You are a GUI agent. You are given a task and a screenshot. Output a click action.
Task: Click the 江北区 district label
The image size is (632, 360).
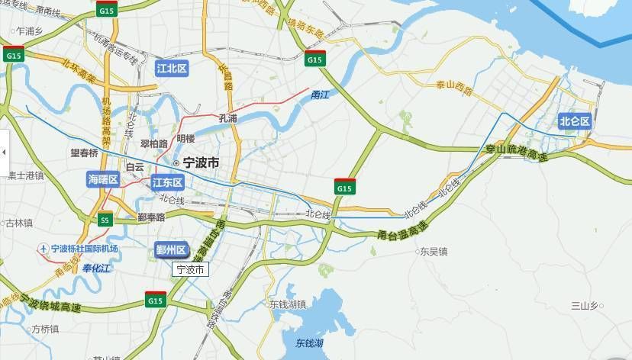click(172, 68)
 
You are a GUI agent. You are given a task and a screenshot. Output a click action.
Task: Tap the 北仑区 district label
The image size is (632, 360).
click(574, 121)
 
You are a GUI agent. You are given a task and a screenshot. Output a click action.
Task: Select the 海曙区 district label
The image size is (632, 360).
click(103, 179)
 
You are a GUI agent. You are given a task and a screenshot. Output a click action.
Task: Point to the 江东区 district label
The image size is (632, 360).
click(167, 182)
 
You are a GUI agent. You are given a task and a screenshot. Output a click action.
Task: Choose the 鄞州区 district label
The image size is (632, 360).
click(171, 250)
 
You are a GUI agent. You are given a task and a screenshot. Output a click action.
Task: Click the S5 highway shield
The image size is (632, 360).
click(105, 220)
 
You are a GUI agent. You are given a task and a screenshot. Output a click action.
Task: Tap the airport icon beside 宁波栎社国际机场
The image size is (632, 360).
click(44, 249)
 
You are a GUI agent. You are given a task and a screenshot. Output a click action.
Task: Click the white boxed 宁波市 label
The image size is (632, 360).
click(190, 269)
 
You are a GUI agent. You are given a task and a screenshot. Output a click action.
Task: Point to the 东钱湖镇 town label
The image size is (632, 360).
click(287, 304)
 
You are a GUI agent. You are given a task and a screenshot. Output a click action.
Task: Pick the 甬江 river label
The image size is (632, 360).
click(320, 95)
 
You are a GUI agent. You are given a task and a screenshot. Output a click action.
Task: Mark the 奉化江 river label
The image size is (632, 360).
click(97, 268)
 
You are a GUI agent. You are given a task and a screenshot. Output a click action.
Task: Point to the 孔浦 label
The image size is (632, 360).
click(227, 118)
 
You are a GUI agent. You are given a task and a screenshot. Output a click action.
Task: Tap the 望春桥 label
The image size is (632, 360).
click(85, 153)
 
